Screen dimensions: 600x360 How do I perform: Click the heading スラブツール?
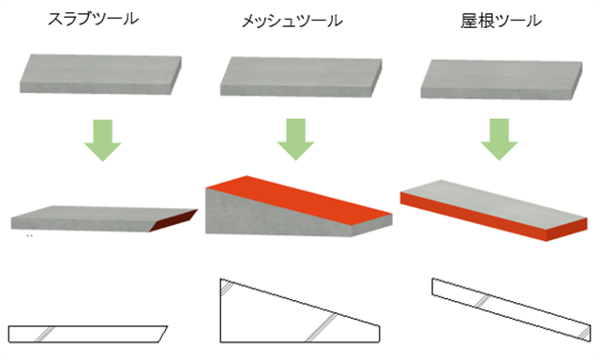click(93, 19)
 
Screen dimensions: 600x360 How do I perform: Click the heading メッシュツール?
click(292, 21)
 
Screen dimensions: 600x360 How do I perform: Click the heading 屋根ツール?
click(501, 21)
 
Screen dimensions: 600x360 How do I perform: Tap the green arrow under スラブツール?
click(102, 141)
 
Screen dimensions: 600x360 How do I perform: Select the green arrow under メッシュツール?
click(296, 140)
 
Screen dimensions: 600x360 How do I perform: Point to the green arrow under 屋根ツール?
click(499, 140)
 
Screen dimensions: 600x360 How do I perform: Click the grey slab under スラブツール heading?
click(100, 74)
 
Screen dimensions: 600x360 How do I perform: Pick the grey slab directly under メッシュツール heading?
click(301, 77)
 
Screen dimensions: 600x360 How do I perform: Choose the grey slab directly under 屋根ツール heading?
click(502, 79)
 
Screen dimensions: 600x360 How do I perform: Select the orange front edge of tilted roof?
click(494, 217)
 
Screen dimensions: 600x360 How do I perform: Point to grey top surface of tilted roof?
click(494, 202)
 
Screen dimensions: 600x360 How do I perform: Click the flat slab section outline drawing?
click(88, 334)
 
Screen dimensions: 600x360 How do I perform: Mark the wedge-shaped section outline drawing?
click(300, 310)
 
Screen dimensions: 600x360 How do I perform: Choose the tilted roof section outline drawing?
click(511, 309)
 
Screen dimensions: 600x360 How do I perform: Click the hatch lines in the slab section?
click(45, 334)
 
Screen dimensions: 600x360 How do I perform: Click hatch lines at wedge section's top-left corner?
click(226, 288)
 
